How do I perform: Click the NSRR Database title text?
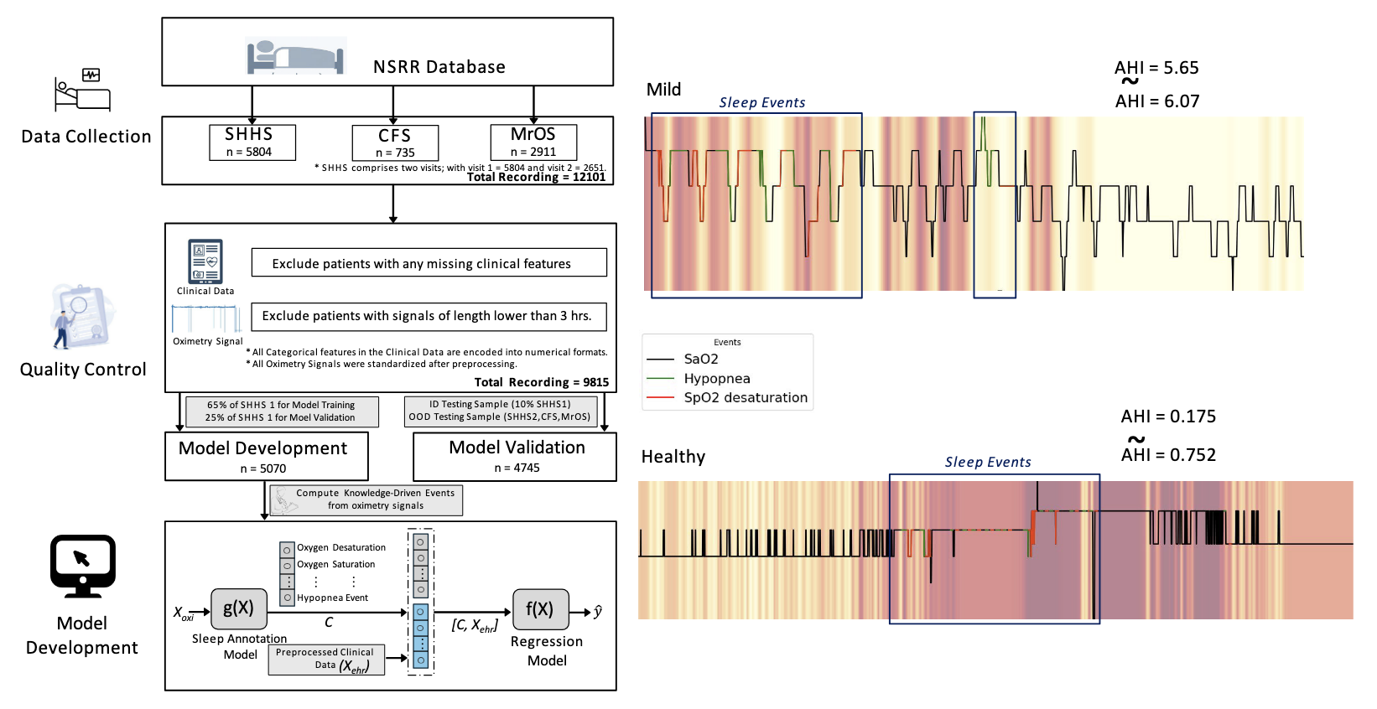coord(439,67)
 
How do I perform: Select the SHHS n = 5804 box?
coord(252,142)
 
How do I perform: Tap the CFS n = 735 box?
coord(395,142)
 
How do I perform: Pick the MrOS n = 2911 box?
coord(533,142)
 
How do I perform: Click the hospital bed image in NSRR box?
coord(296,56)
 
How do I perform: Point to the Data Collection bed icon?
coord(82,91)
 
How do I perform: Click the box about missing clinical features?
coord(429,263)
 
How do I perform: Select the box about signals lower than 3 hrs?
coord(429,316)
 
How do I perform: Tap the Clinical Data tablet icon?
coord(205,261)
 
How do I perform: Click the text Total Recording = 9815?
coord(541,382)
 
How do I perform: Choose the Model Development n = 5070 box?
coord(266,456)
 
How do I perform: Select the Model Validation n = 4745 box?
coord(515,456)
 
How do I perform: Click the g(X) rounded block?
coord(239,608)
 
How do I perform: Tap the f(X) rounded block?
coord(540,609)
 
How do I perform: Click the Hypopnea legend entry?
coord(716,379)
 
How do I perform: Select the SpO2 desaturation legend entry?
coord(745,397)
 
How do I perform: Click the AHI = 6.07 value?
coord(1157,101)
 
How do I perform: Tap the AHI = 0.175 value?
coord(1168,417)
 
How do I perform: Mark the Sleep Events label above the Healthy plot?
coord(988,462)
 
